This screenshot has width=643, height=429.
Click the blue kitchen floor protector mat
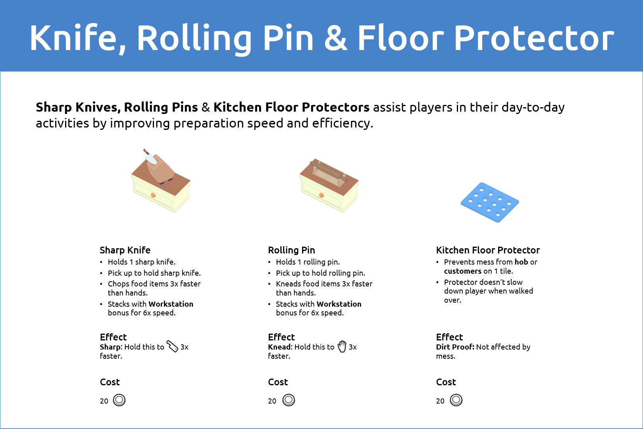[x=490, y=202]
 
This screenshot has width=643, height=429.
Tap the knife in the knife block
[x=150, y=157]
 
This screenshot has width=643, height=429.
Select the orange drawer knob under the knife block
[x=153, y=195]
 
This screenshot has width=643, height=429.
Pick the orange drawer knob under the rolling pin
[x=321, y=195]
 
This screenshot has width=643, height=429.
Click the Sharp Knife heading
[x=125, y=250]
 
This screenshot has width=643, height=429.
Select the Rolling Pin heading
[x=291, y=250]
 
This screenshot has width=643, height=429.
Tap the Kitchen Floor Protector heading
[x=488, y=250]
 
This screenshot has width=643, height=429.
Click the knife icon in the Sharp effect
[x=172, y=346]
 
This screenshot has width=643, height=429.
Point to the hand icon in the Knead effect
[x=342, y=346]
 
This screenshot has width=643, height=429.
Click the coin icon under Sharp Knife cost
[x=119, y=400]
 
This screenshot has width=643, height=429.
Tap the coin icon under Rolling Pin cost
[x=289, y=400]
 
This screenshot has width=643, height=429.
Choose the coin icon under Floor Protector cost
[x=456, y=400]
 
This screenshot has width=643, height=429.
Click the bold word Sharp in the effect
[x=111, y=347]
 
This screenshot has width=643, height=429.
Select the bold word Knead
[x=280, y=347]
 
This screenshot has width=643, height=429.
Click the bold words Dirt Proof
[x=455, y=347]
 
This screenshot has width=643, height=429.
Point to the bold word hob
[x=521, y=262]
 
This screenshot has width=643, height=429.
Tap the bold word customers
[x=462, y=271]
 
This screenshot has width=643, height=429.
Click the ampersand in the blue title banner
[x=335, y=38]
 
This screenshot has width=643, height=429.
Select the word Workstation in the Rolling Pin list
[x=339, y=304]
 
